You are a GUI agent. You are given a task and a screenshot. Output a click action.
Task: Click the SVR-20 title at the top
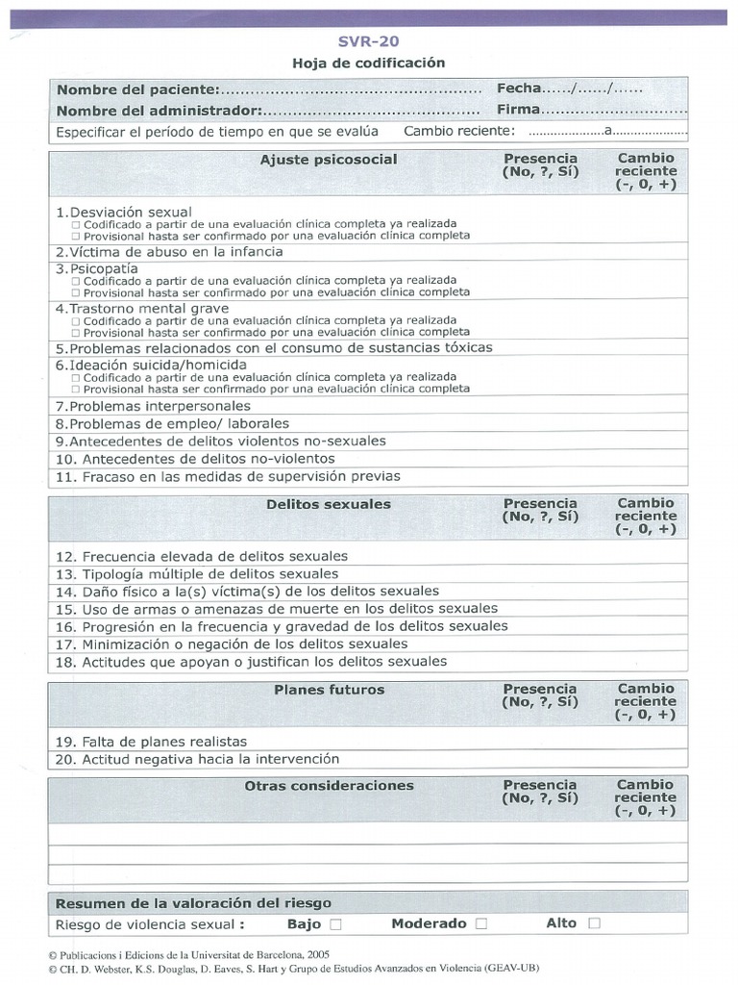pyautogui.click(x=369, y=41)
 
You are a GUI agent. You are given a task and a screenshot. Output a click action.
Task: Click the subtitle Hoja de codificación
pyautogui.click(x=369, y=63)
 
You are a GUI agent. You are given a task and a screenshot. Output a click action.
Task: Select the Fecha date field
pyautogui.click(x=570, y=88)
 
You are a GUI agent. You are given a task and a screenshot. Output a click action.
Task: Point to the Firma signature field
pyautogui.click(x=591, y=110)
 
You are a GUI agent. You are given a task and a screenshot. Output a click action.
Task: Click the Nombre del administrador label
pyautogui.click(x=160, y=111)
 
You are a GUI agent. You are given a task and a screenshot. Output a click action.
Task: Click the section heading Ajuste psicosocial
pyautogui.click(x=328, y=160)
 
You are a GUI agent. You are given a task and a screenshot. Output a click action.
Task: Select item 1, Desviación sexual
pyautogui.click(x=124, y=212)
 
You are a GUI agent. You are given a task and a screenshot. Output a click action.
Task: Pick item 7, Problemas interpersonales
pyautogui.click(x=153, y=406)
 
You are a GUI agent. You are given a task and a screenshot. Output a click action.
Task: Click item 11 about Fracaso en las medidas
pyautogui.click(x=228, y=476)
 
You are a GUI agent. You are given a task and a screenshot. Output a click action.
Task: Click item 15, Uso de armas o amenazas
pyautogui.click(x=277, y=609)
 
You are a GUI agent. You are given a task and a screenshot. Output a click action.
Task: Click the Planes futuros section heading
pyautogui.click(x=329, y=690)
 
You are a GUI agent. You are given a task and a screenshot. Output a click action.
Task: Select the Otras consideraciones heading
pyautogui.click(x=329, y=786)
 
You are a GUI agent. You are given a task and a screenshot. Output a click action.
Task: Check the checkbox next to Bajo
pyautogui.click(x=335, y=924)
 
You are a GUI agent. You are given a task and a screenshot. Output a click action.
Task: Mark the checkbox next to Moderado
pyautogui.click(x=481, y=924)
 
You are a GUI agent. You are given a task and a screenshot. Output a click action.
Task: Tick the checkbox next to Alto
pyautogui.click(x=594, y=924)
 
